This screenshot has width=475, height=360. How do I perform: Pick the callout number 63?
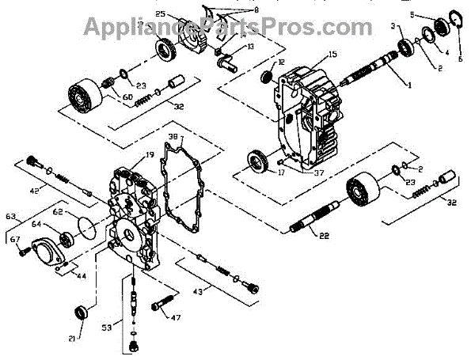pyautogui.click(x=11, y=215)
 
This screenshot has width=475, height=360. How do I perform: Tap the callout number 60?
pyautogui.click(x=127, y=97)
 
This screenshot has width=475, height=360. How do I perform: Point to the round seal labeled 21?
pyautogui.click(x=81, y=311)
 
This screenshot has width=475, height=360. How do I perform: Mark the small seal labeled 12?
pyautogui.click(x=267, y=77)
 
